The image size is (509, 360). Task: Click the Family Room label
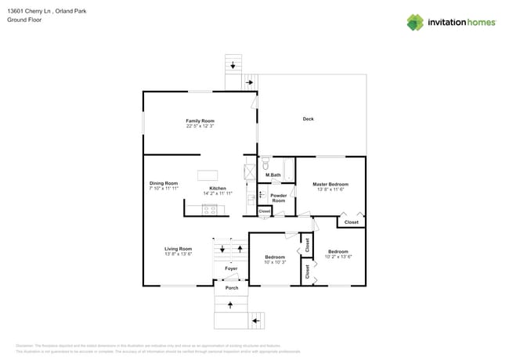[x=200, y=121]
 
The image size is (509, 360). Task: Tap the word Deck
[x=309, y=119]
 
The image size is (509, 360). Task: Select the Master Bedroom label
[x=330, y=184]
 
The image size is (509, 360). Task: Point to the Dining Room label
[x=164, y=183]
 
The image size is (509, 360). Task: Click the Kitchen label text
[x=218, y=188]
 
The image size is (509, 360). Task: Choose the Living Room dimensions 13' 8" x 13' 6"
[x=178, y=254]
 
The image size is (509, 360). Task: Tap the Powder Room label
[x=278, y=198]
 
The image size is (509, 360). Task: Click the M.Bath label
[x=273, y=175]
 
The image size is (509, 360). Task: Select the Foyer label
[x=231, y=268]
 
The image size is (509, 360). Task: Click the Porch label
[x=232, y=288]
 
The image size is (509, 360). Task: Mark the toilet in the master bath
[x=265, y=164]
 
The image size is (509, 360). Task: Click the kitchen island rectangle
[x=208, y=175]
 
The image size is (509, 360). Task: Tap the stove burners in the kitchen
[x=210, y=209]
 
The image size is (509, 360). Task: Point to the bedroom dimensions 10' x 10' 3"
[x=275, y=261]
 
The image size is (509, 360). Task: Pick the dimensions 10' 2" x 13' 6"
[x=339, y=257]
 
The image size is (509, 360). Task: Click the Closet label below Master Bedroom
[x=351, y=222]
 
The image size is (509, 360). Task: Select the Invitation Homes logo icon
[x=414, y=22]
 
